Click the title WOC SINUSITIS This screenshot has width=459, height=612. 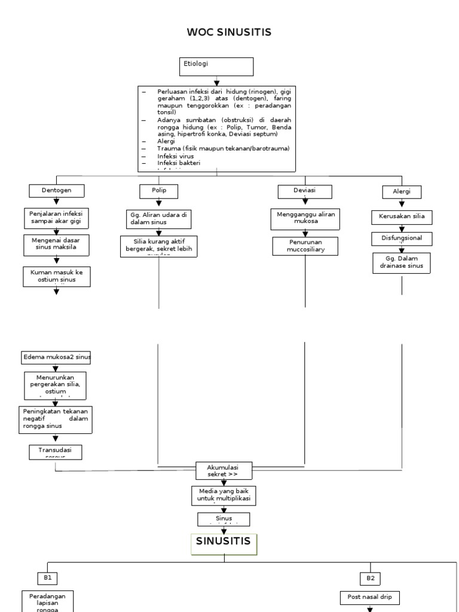coord(229,32)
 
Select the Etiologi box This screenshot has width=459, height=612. coord(216,66)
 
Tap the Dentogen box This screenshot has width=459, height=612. coord(57,191)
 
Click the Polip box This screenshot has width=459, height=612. coord(159,191)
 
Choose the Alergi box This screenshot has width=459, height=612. coord(402,192)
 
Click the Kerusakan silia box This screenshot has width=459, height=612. coord(402,216)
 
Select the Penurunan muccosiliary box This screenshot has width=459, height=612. coord(305,246)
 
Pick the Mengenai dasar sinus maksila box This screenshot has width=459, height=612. coord(57,244)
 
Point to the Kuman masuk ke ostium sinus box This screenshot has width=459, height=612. coord(57,277)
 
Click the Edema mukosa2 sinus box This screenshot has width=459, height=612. coord(56,357)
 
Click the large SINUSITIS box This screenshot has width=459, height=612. coord(225,544)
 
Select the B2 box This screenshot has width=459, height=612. coord(369,578)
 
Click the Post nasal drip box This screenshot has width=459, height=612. coord(369,596)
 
